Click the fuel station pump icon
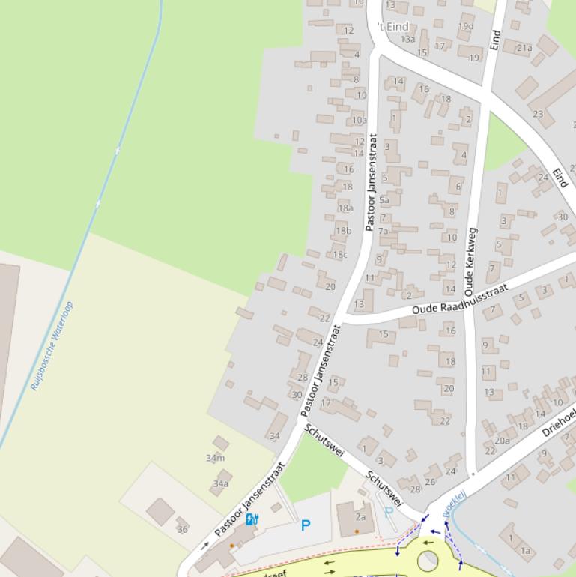click(252, 519)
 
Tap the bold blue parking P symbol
click(306, 526)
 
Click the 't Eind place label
click(392, 27)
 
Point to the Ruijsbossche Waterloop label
click(52, 346)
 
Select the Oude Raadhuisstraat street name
click(460, 299)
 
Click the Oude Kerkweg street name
click(470, 261)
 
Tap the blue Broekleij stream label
click(455, 503)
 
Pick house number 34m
click(216, 458)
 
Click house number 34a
click(220, 484)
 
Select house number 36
click(182, 529)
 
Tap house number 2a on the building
click(360, 517)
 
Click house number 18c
click(340, 254)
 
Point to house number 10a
click(360, 120)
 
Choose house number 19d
click(466, 26)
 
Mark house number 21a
click(524, 48)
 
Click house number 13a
click(407, 39)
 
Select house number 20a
click(502, 441)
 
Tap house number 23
click(538, 114)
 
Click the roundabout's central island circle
click(428, 560)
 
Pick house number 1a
click(525, 551)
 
